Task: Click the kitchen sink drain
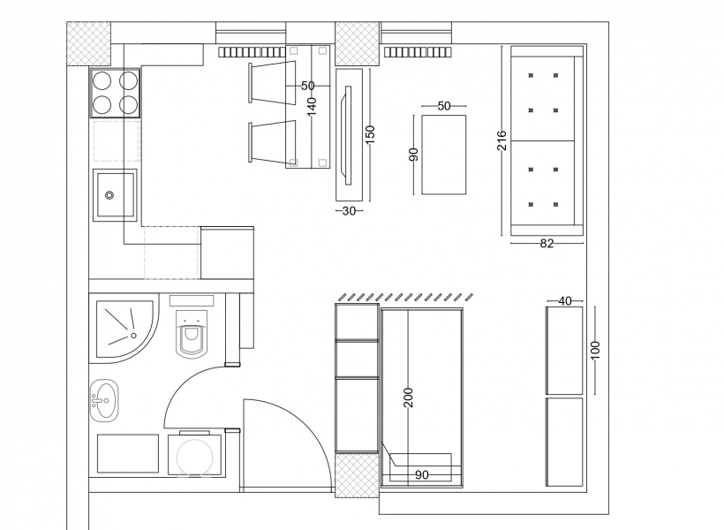click(x=109, y=195)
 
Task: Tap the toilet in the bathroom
click(x=192, y=334)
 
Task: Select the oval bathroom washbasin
click(x=104, y=401)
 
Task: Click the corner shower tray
click(x=124, y=328)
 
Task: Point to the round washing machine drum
click(x=195, y=456)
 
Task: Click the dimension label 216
click(x=502, y=140)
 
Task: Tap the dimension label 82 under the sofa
click(x=547, y=244)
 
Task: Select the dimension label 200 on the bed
click(x=409, y=397)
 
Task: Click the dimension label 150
click(x=370, y=134)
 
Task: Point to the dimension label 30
click(x=349, y=211)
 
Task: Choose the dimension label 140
click(x=313, y=107)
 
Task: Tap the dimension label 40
click(x=565, y=301)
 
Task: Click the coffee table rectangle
click(x=444, y=155)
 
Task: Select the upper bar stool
click(x=272, y=82)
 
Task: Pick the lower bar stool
click(x=272, y=142)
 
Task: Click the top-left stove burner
click(x=102, y=81)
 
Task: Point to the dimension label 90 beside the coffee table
click(x=414, y=155)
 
